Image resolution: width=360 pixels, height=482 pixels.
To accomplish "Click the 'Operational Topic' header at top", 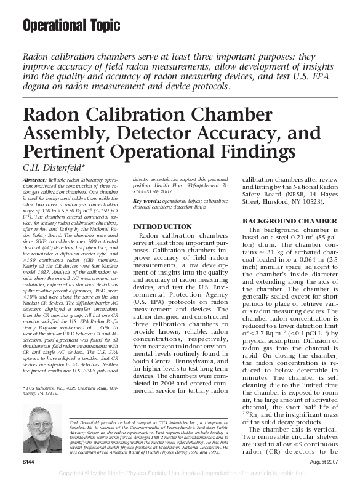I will pos(68,26).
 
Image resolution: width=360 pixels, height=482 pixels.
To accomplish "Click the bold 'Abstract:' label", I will pos(34,179).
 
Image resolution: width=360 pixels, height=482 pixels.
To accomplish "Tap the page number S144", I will pos(28,461).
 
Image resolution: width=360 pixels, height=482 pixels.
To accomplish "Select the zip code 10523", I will pos(308,201).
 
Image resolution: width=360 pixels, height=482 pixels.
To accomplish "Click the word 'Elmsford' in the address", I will pos(275,201).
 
